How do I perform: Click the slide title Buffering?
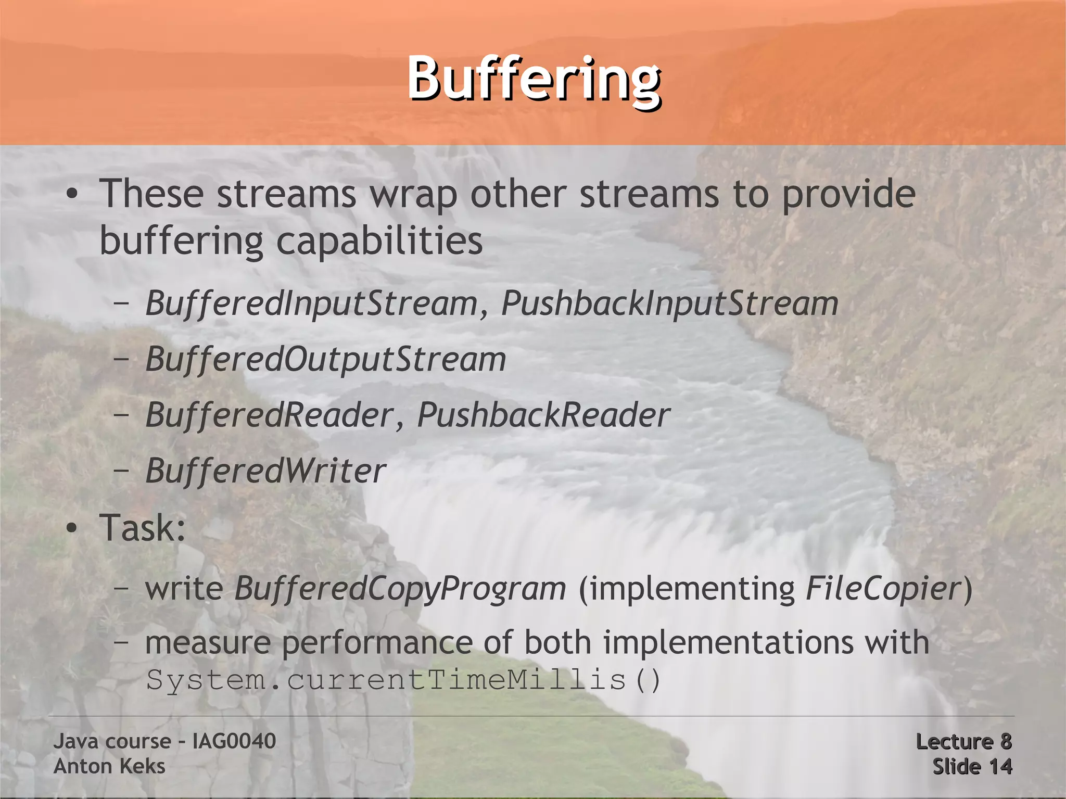click(534, 80)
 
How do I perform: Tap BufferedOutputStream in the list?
click(325, 359)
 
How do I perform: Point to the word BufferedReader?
click(269, 415)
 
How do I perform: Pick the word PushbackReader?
click(543, 415)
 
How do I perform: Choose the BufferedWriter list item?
click(265, 471)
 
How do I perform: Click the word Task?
click(142, 528)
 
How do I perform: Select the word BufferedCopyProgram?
click(400, 589)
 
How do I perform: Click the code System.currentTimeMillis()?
click(403, 680)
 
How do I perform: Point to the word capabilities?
click(379, 241)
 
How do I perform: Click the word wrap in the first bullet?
click(413, 194)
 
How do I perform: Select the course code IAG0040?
click(234, 741)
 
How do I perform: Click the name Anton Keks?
click(109, 766)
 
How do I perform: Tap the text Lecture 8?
click(963, 741)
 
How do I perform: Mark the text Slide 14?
click(972, 766)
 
